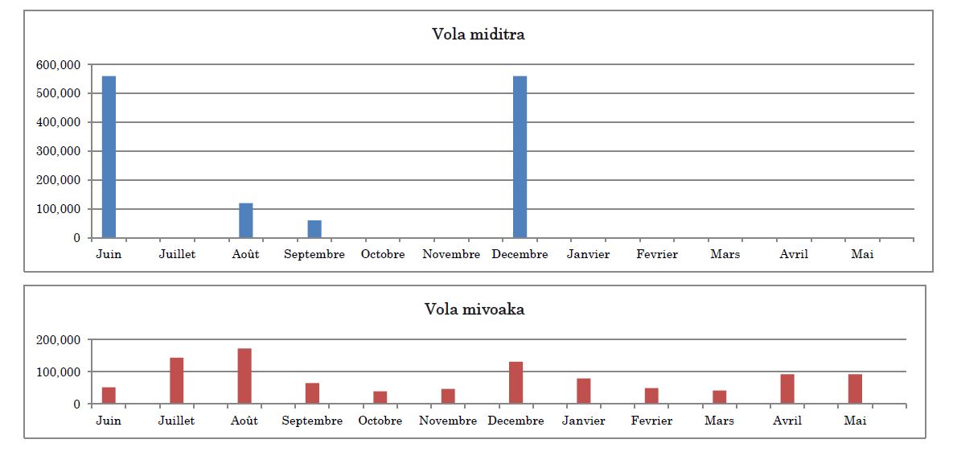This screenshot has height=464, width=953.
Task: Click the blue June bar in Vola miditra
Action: coord(109,157)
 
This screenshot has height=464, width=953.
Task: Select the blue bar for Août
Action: coord(245,220)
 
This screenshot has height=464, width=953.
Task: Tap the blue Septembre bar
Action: coord(314,228)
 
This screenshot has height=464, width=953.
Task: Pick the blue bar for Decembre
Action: coord(520,157)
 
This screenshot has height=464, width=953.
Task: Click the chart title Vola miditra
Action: coord(479,34)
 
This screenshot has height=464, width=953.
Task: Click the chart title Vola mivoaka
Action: coord(474,310)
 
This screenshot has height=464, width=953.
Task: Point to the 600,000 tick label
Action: coord(60,64)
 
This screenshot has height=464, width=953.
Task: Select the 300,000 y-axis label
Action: coord(60,151)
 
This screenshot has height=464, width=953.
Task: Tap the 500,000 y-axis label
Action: coord(60,93)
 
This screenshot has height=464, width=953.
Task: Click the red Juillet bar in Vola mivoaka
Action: coord(176,380)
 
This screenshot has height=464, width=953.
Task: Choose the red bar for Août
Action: coord(244,376)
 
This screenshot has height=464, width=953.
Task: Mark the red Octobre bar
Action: coord(380,397)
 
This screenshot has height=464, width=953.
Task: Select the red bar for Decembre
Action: coord(516,383)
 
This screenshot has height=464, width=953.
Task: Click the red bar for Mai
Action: coord(855,388)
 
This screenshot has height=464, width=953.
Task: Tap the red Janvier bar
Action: coord(584,391)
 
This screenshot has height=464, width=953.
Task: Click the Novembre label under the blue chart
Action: coord(451,254)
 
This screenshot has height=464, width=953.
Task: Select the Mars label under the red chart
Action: coord(720,421)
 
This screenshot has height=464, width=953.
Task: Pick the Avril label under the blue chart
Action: coord(794,254)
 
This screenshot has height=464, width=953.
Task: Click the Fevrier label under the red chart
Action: coord(651,421)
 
